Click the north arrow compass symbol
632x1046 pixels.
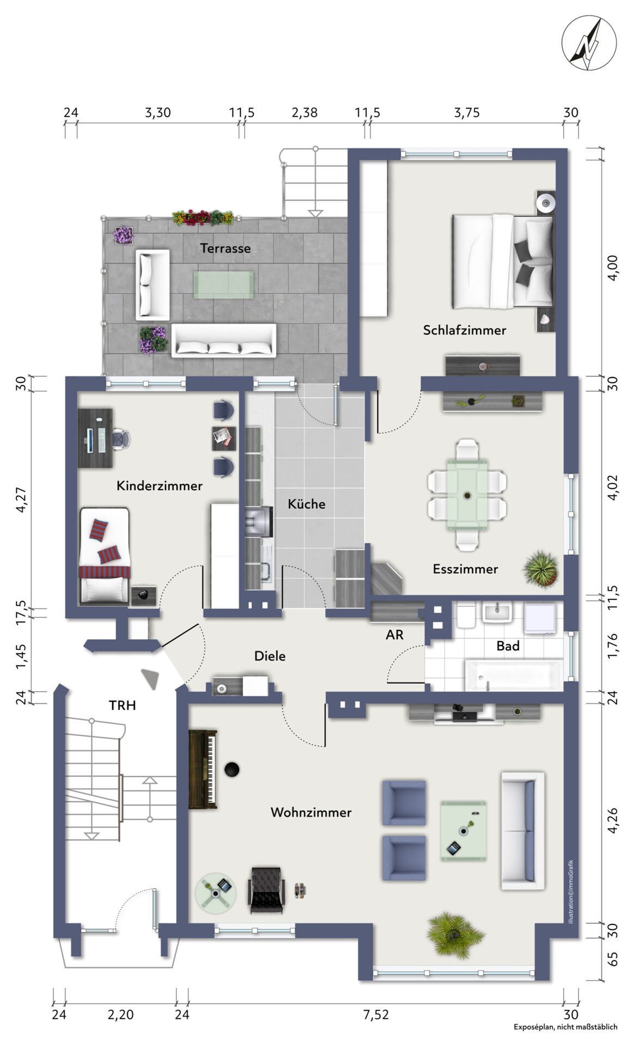[x=590, y=43]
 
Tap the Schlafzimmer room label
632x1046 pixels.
[x=465, y=330]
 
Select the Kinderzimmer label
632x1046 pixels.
[x=160, y=485]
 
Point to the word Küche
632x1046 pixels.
[x=307, y=504]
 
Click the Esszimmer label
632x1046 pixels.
[x=465, y=569]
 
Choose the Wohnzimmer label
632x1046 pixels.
[x=311, y=812]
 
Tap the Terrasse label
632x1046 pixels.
[x=226, y=248]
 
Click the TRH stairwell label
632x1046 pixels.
[x=122, y=706]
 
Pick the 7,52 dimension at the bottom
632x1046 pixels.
[x=377, y=1014]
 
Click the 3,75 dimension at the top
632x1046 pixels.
[x=467, y=113]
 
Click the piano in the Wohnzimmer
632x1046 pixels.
[x=203, y=769]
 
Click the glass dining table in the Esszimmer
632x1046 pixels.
[x=467, y=495]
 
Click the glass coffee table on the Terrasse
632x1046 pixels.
[x=224, y=284]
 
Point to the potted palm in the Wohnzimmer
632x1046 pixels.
[x=455, y=935]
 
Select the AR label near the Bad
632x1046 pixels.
[x=394, y=635]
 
